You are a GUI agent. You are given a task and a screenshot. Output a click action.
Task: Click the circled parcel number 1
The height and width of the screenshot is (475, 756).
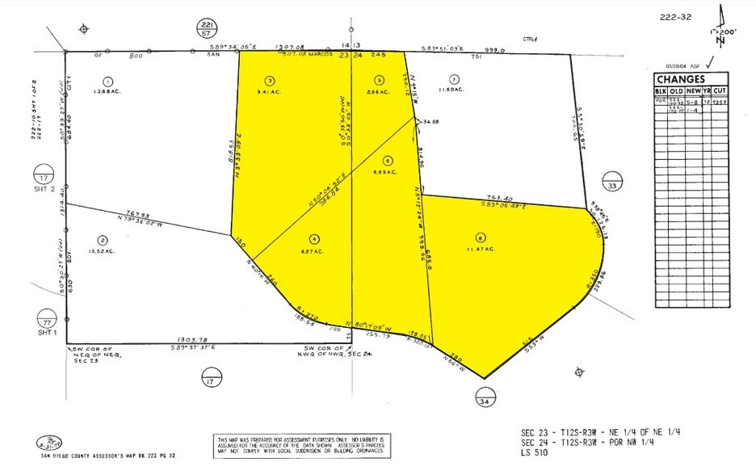pyautogui.click(x=108, y=81)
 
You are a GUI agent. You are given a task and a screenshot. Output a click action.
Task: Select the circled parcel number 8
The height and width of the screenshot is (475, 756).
pyautogui.click(x=481, y=238)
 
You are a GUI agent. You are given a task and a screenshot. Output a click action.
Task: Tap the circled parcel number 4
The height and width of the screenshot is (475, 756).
pyautogui.click(x=315, y=238)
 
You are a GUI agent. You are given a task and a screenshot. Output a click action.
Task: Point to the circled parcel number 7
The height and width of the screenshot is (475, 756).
pyautogui.click(x=455, y=79)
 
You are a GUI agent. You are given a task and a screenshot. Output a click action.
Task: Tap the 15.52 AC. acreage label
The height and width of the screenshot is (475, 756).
pyautogui.click(x=103, y=250)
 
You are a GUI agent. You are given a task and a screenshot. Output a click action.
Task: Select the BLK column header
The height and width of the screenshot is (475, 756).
pyautogui.click(x=660, y=92)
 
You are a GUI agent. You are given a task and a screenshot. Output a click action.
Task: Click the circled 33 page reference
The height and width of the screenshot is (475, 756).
pyautogui.click(x=612, y=183)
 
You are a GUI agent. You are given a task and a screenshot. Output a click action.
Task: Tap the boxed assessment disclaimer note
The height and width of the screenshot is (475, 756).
pyautogui.click(x=300, y=446)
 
